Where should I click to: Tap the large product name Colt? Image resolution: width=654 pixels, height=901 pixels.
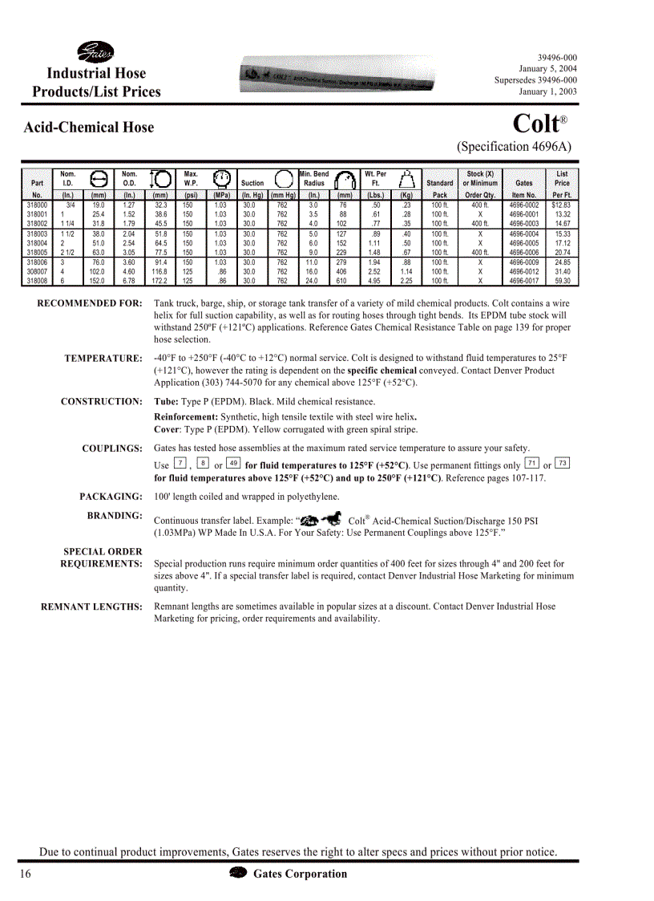point(535,124)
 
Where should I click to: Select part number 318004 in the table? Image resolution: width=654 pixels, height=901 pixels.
point(37,243)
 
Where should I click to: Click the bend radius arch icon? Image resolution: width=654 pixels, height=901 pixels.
point(345,179)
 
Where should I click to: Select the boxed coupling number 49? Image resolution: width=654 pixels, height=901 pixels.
point(234,464)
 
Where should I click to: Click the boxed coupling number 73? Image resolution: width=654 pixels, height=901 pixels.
point(563,464)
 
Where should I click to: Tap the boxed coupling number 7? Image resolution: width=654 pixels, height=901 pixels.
point(180,464)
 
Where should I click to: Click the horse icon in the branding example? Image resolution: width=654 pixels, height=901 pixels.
point(331,519)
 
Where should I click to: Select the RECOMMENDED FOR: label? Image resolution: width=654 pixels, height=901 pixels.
point(90,304)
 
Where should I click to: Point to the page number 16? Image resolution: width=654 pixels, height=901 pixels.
point(25,875)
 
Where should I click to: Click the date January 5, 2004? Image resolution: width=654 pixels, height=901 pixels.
point(547,69)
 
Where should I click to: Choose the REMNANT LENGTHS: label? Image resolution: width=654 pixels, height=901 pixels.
point(91,607)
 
